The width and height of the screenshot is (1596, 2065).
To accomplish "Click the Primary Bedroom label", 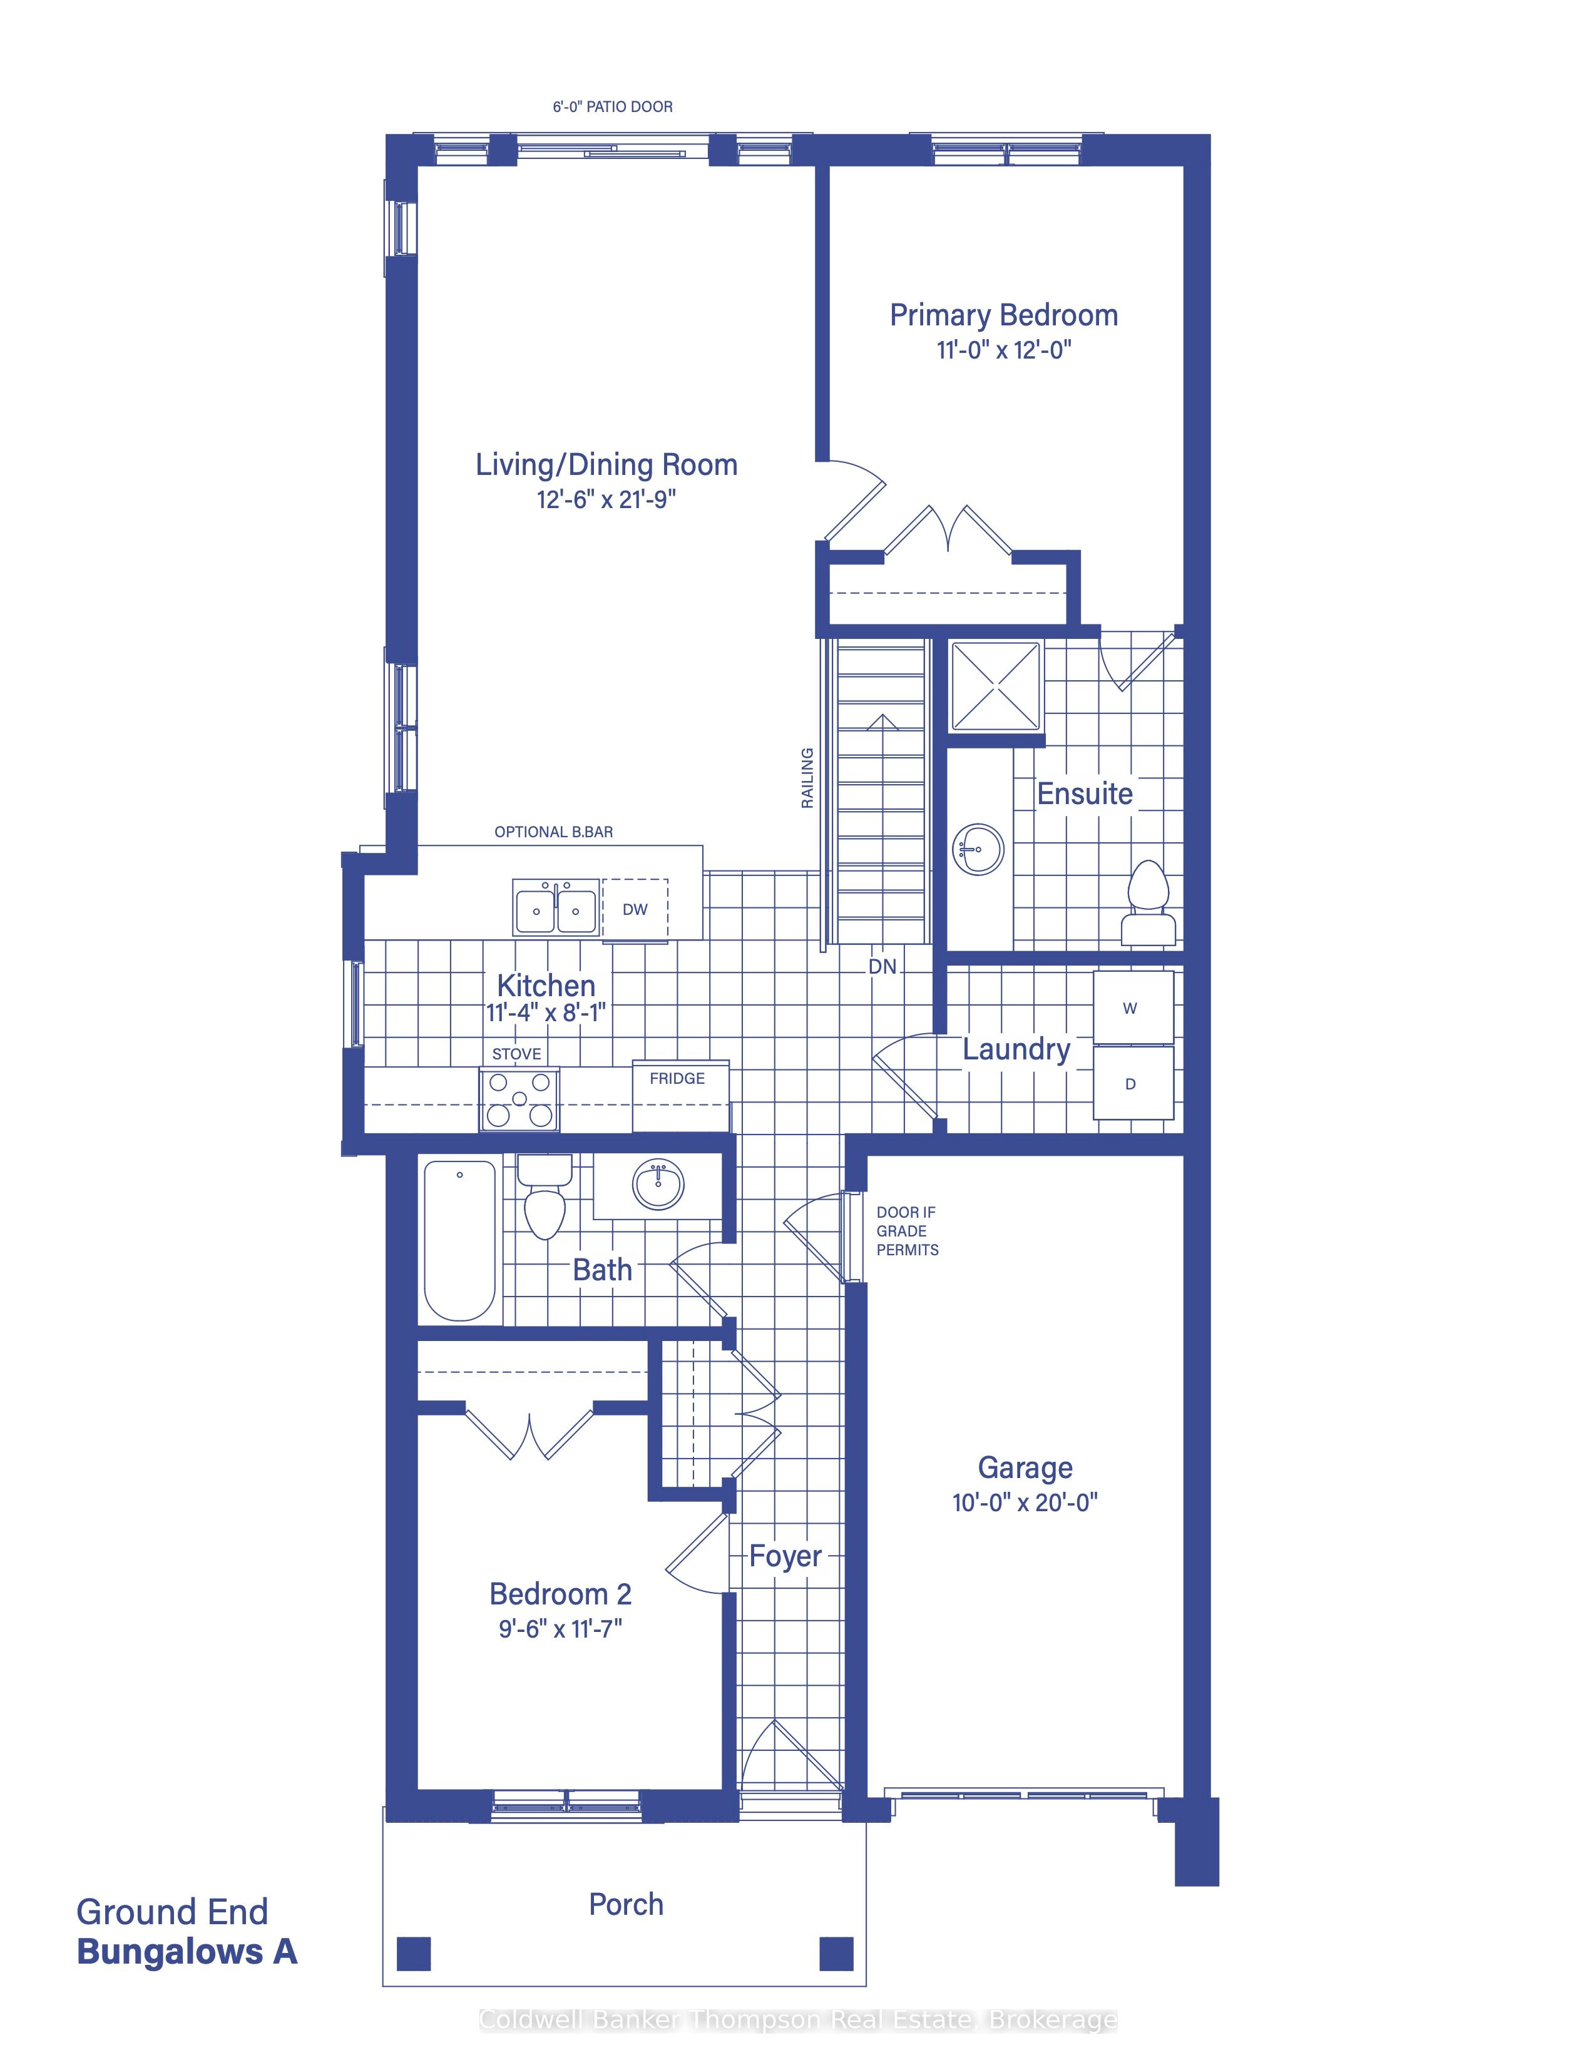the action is (1003, 315).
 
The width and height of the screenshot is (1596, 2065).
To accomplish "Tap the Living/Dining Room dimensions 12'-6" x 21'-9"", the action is (606, 499).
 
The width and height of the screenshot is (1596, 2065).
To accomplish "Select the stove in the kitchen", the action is (519, 1099).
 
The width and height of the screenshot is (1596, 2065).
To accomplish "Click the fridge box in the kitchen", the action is (681, 1096).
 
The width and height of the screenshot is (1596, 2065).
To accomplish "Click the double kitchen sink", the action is (556, 908).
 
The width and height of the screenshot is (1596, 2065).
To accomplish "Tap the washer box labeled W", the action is (1133, 1008).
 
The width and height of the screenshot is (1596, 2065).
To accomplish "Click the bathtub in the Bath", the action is (459, 1240).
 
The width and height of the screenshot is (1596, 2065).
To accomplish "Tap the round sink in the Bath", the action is (658, 1185).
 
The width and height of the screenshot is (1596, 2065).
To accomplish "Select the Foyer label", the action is (785, 1556).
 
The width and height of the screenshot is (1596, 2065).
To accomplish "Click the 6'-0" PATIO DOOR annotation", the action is (613, 107).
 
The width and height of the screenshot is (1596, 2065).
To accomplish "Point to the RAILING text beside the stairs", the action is (807, 778).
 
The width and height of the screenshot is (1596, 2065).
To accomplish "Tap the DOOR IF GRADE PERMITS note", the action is (907, 1230).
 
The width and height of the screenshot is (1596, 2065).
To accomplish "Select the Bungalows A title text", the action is (187, 1952).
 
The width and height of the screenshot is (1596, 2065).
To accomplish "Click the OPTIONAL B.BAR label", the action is (553, 832).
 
